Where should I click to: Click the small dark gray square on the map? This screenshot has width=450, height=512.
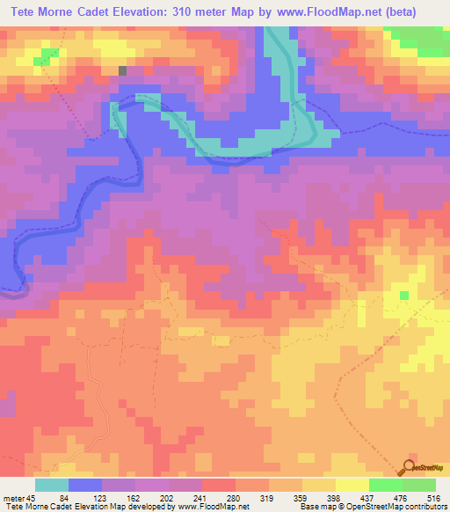[x=123, y=70]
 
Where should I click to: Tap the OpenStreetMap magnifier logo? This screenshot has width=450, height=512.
[x=410, y=467]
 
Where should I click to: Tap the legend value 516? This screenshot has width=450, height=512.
[x=437, y=497]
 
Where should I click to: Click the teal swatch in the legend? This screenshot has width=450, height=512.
[x=52, y=485]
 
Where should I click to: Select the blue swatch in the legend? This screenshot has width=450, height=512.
[x=85, y=485]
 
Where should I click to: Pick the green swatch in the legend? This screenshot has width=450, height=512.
[x=386, y=485]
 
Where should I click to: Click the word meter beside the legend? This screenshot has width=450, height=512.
[x=12, y=497]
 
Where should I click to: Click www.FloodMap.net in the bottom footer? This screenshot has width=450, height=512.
[x=212, y=507]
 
